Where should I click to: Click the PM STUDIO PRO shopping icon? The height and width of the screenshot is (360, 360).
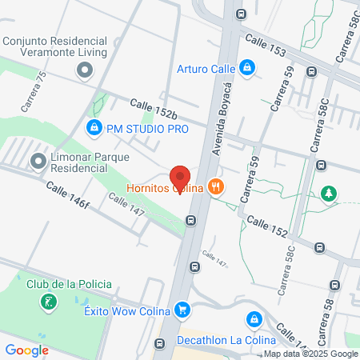94,126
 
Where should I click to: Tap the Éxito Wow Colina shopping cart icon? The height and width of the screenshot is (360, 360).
183,310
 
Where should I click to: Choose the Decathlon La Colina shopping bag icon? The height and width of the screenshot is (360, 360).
254,319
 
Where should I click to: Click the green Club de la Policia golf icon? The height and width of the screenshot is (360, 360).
48,302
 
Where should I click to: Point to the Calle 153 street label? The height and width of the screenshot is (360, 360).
266,46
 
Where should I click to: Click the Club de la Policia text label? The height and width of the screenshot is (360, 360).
69,284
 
